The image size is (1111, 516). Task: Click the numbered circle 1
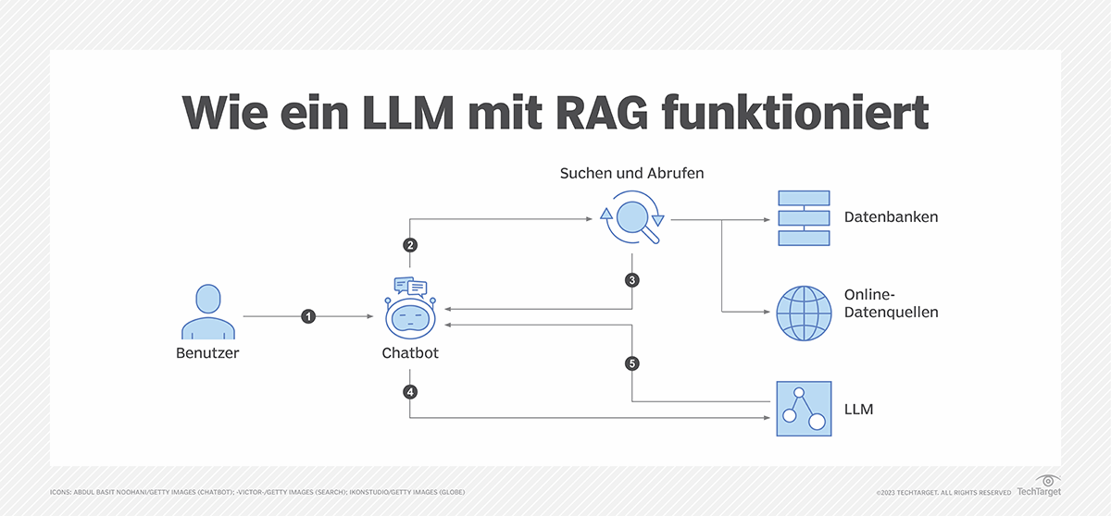308,316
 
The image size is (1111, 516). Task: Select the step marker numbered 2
410,245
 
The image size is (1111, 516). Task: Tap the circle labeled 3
632,279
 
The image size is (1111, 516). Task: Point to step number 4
410,391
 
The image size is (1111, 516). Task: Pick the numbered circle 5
632,363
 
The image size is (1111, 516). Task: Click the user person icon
207,313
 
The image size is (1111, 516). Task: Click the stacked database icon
804,218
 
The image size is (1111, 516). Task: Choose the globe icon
804,312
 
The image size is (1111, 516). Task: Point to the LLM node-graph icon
804,408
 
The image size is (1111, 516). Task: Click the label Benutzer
207,353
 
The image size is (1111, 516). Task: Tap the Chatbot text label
410,353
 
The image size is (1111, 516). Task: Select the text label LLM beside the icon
858,408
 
